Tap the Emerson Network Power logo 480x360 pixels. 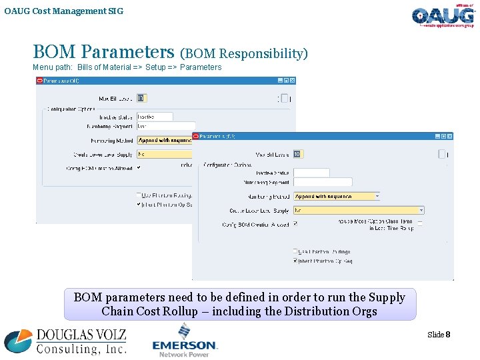[x=185, y=341]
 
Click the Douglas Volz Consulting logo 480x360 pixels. [x=65, y=341]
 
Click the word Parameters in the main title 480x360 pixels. [x=131, y=52]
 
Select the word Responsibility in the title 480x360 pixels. [x=261, y=53]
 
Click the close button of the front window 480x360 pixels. [x=449, y=136]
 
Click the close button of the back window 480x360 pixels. [x=292, y=81]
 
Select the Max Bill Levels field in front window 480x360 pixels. [x=297, y=154]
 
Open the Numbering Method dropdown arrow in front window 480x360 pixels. [x=377, y=197]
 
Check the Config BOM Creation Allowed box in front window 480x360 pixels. [x=295, y=224]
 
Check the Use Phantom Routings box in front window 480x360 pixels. [x=295, y=252]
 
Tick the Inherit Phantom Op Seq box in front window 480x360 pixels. [x=295, y=261]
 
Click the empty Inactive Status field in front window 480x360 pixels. [x=311, y=173]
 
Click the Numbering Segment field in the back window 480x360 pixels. [x=165, y=125]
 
